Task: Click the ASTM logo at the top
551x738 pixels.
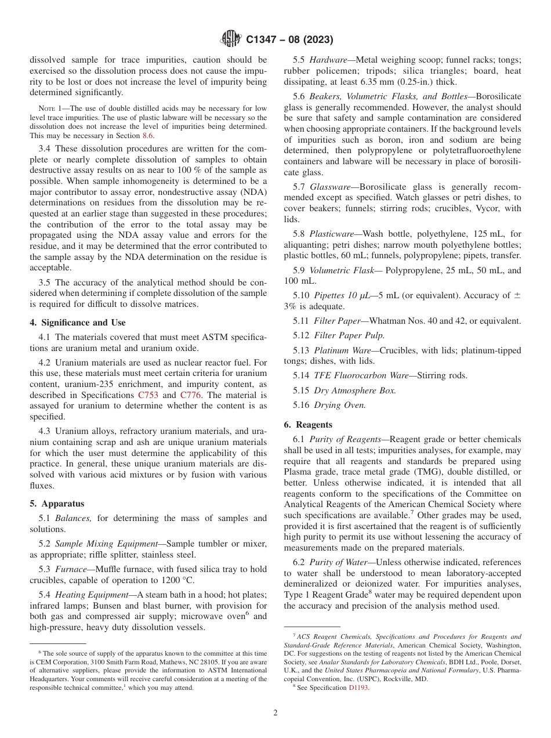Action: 231,39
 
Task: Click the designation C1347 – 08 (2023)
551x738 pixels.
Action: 289,40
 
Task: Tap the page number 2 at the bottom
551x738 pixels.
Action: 275,713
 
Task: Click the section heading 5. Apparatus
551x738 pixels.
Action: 57,504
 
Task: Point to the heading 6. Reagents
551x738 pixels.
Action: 308,425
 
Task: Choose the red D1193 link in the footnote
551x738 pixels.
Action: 358,688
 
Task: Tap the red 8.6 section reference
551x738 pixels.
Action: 149,136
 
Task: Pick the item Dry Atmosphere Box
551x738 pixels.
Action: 355,390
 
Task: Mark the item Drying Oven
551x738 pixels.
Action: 340,405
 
